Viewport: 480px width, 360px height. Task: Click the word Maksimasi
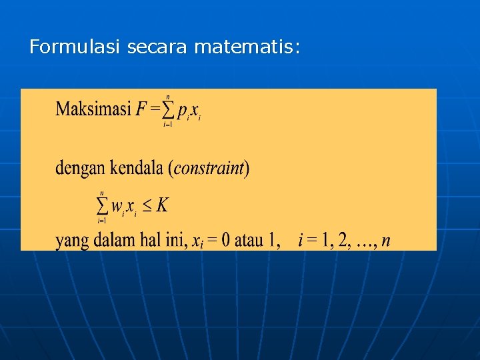pos(93,109)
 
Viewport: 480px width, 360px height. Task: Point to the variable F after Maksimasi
pos(141,109)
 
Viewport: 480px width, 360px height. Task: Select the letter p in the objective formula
pos(182,113)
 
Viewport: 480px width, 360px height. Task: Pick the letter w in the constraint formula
pos(117,207)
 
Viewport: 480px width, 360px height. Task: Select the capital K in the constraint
pos(162,205)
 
